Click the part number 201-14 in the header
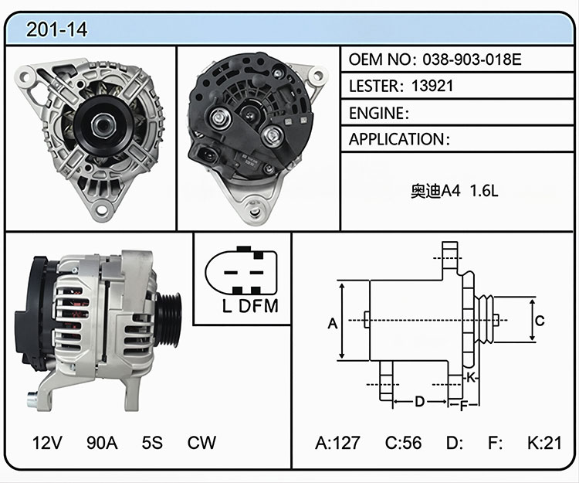(56, 29)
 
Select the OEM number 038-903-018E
(472, 60)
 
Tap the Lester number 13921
(432, 86)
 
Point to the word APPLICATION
(396, 139)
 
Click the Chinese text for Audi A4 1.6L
(455, 191)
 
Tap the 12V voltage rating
(47, 442)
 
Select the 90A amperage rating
(102, 442)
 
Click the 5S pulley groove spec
(152, 442)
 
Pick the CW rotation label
(201, 442)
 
